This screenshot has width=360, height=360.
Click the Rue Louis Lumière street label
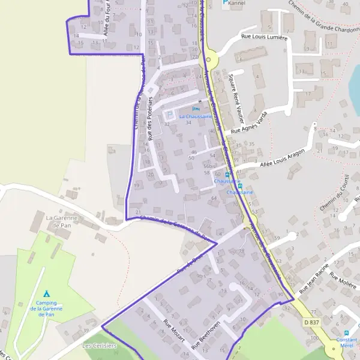(265, 37)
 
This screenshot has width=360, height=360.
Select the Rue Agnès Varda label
(248, 122)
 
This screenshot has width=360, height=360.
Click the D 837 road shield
(311, 322)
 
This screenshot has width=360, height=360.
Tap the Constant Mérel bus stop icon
(346, 333)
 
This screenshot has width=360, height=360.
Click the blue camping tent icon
(47, 294)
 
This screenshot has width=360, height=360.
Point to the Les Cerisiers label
(100, 346)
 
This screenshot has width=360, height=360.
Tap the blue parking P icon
(226, 3)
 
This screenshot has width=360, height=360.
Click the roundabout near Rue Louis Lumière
(208, 60)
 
